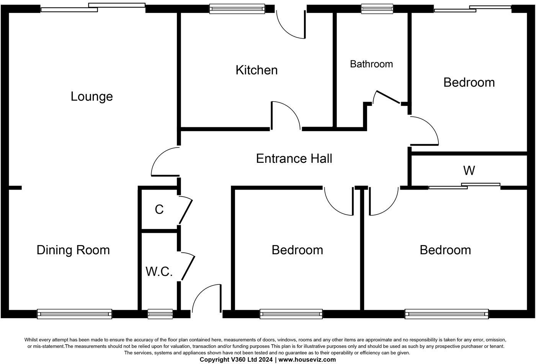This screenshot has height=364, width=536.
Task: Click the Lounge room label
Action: click(92, 96)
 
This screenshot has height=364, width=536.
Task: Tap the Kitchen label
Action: click(257, 70)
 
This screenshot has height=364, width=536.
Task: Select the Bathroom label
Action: click(371, 64)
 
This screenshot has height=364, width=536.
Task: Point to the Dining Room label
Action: click(73, 250)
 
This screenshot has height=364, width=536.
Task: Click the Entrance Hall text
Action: click(294, 158)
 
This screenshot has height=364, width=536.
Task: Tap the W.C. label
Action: click(159, 271)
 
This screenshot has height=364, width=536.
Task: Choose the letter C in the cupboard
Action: click(159, 210)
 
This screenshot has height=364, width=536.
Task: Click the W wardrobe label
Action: click(469, 171)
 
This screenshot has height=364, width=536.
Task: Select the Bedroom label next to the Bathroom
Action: click(469, 82)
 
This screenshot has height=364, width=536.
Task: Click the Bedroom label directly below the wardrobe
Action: click(445, 250)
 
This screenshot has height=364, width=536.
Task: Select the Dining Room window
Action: click(75, 314)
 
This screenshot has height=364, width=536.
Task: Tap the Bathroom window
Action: click(377, 8)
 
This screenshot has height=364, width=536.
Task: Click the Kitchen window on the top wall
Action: click(237, 8)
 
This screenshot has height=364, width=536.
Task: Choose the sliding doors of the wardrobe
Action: click(464, 186)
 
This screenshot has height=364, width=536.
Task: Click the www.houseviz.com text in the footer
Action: click(307, 359)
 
